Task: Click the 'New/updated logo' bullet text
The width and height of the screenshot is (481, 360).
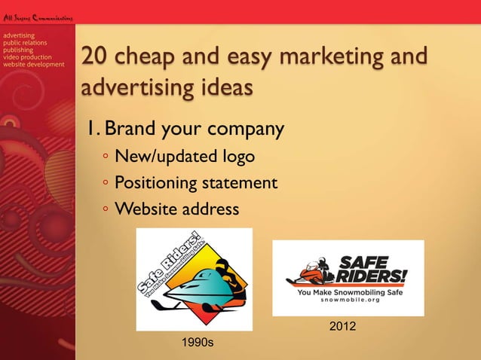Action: pos(184,157)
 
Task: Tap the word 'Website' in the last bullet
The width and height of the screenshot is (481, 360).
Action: pos(144,208)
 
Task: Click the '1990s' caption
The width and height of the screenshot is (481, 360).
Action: pos(198,343)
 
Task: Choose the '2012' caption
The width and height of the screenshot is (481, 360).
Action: pos(344,326)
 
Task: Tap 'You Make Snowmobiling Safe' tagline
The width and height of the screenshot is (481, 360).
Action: pos(348,291)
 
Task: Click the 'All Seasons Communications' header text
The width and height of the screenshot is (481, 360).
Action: pos(36,17)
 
